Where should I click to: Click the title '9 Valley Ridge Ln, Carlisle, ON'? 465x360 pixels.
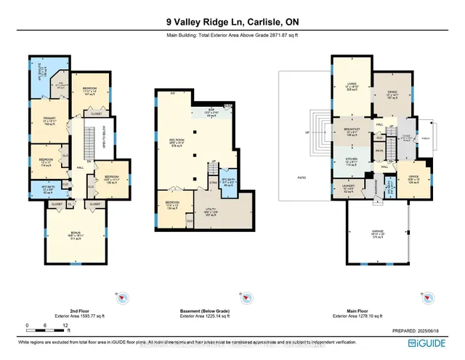[x=232, y=21]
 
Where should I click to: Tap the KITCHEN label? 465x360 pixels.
[x=353, y=162]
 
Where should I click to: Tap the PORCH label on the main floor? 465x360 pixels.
[x=426, y=142]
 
